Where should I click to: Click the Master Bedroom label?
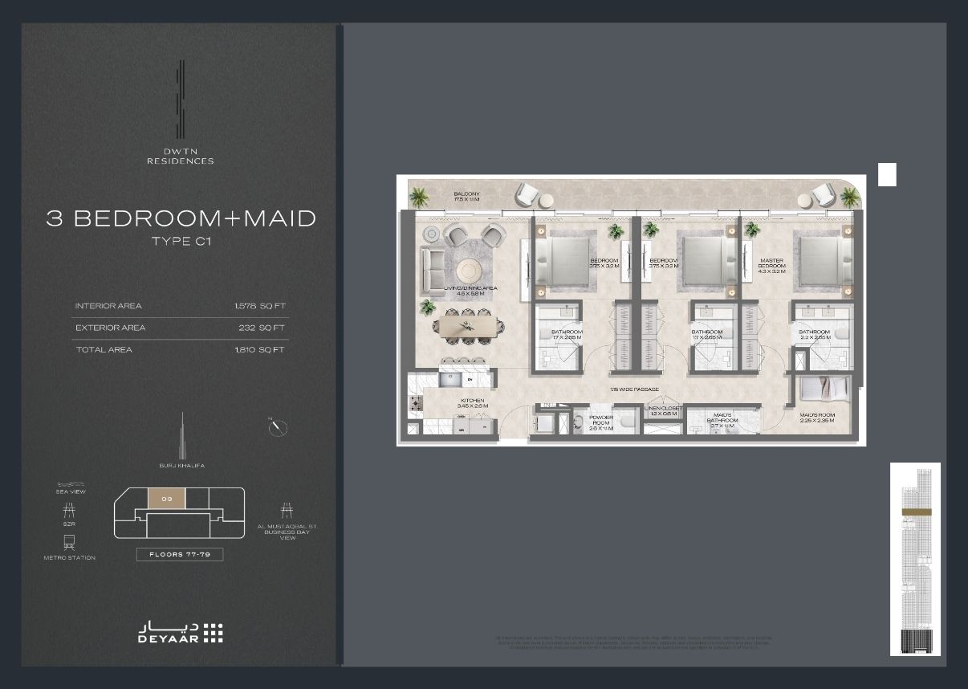tap(771, 265)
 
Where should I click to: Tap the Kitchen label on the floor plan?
tap(472, 403)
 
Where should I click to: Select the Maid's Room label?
tap(817, 418)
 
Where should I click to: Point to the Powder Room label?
tap(601, 422)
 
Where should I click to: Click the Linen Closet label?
tap(663, 410)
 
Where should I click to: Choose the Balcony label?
tap(466, 197)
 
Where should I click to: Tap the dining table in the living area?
tap(470, 326)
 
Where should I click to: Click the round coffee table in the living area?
tap(470, 269)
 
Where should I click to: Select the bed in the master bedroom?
tap(824, 260)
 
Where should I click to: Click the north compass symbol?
tap(278, 427)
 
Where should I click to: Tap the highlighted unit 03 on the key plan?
tap(166, 499)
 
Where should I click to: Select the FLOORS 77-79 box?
tap(180, 554)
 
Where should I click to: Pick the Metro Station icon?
tap(70, 544)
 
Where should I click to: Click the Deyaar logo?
tap(180, 632)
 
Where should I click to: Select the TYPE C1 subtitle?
tap(180, 241)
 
